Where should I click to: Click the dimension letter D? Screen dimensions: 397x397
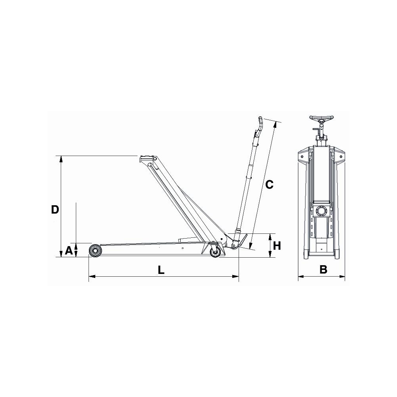tap(55, 210)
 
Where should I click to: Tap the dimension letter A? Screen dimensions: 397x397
tap(69, 251)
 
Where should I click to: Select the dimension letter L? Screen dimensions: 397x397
tap(161, 270)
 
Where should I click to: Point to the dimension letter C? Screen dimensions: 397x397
tap(270, 185)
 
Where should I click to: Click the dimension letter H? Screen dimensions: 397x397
tap(277, 246)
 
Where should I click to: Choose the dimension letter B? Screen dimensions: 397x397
tap(323, 270)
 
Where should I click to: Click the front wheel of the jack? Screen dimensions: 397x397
tap(95, 251)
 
